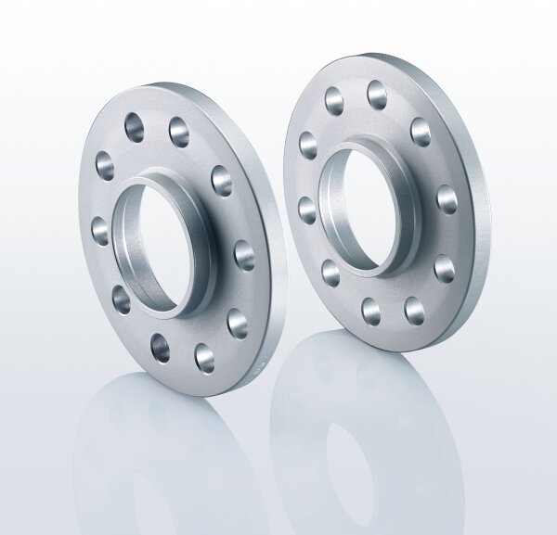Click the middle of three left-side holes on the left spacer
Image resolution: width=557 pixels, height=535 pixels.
tap(98, 223)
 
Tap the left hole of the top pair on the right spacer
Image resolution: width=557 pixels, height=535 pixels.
tap(333, 96)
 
